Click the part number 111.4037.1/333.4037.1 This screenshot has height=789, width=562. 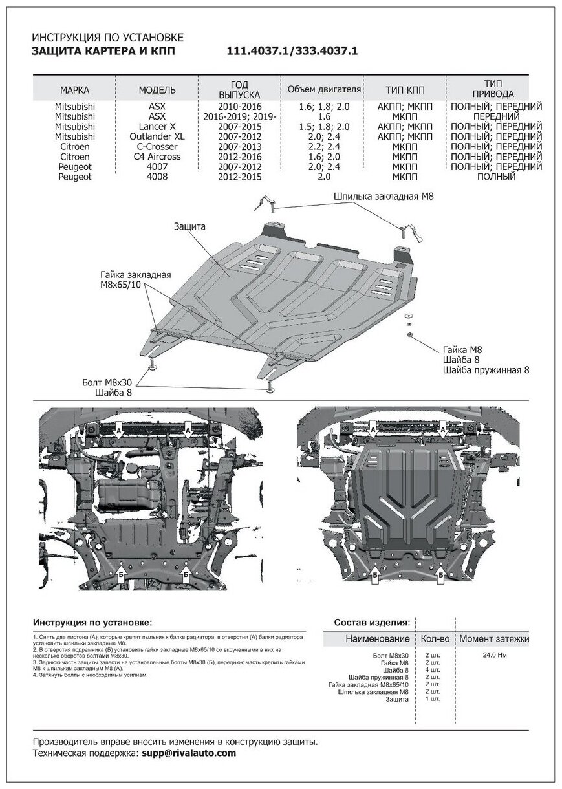[292, 50]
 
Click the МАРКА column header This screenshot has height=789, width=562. [74, 90]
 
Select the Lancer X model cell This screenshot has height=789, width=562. [157, 127]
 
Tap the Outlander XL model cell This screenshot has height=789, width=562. [157, 136]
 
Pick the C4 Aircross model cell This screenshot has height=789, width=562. [157, 156]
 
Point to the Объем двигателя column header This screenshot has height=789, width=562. [324, 89]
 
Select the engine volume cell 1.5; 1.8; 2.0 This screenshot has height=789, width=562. [324, 127]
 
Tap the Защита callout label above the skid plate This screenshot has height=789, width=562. [189, 227]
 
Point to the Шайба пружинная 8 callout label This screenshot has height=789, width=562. [486, 370]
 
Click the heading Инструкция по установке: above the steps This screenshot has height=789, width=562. [93, 622]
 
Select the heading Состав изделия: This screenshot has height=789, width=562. [371, 622]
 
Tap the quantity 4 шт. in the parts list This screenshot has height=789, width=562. [431, 670]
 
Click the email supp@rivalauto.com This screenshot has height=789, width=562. [189, 753]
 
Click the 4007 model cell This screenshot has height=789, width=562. [157, 166]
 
